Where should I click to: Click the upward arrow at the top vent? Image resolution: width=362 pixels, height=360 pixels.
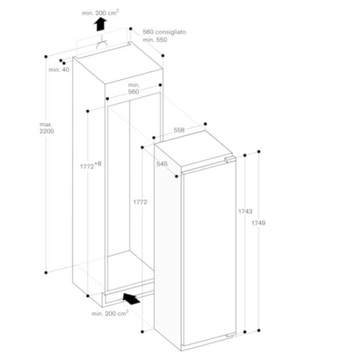(x=101, y=23)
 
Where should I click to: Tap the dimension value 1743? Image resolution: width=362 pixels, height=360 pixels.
(x=245, y=211)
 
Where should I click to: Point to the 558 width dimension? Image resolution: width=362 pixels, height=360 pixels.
(x=179, y=130)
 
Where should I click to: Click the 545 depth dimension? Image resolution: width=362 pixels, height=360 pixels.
(x=162, y=164)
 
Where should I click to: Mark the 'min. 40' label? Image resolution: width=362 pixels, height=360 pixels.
(x=58, y=70)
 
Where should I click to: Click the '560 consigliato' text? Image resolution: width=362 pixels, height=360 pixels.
(x=164, y=33)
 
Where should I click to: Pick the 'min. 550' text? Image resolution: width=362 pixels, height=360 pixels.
(x=154, y=40)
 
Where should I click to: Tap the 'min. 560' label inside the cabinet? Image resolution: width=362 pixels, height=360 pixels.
(x=133, y=88)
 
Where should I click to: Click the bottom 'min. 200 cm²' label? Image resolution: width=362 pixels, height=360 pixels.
(x=109, y=313)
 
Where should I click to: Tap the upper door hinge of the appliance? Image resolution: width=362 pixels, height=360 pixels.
(x=229, y=160)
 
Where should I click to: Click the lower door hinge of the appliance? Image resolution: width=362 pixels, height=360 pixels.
(x=229, y=334)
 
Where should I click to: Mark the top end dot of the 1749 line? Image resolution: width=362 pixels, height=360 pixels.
(x=260, y=151)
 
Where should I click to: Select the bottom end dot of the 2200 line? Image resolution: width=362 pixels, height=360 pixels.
(x=46, y=272)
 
